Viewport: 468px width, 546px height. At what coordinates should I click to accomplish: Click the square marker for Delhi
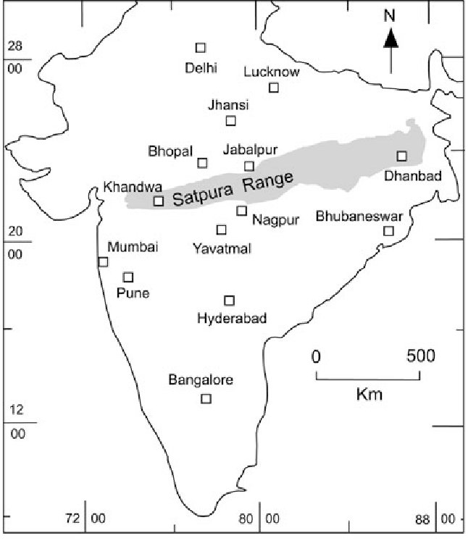pos(201,48)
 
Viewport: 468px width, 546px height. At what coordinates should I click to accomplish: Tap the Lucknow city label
pos(272,72)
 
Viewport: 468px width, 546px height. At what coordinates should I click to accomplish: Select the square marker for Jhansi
pos(231,121)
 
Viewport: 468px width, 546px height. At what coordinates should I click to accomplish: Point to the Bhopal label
pos(171,152)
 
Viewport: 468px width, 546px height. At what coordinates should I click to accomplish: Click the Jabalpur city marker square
pos(249,166)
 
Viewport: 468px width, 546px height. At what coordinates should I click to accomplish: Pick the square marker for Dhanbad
pos(401,156)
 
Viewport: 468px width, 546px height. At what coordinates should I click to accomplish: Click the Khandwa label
pos(129,187)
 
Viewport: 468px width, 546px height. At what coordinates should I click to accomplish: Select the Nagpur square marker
pos(242,211)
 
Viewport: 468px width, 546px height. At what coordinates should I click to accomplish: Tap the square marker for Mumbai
pos(103,262)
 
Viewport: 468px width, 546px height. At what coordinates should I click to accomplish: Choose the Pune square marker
pos(128,277)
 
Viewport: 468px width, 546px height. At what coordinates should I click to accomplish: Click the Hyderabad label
pos(232,318)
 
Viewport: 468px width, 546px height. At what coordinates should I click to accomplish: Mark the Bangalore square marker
pos(206,398)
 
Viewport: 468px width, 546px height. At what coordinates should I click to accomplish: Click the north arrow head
pos(390,37)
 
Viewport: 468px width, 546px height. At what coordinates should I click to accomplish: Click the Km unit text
pos(369,395)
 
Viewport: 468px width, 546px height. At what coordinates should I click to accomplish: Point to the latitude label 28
pos(14,46)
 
